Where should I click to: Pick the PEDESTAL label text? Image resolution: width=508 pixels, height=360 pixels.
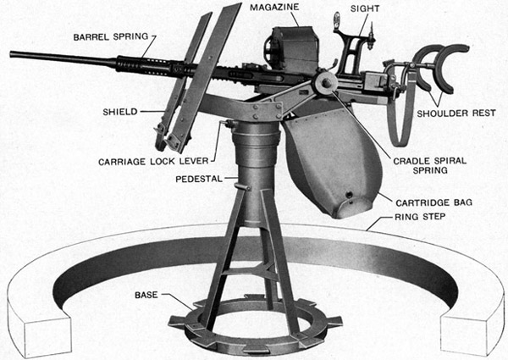(200, 180)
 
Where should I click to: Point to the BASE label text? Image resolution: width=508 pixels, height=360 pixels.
(145, 296)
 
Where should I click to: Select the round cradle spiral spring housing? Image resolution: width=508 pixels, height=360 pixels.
(324, 82)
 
